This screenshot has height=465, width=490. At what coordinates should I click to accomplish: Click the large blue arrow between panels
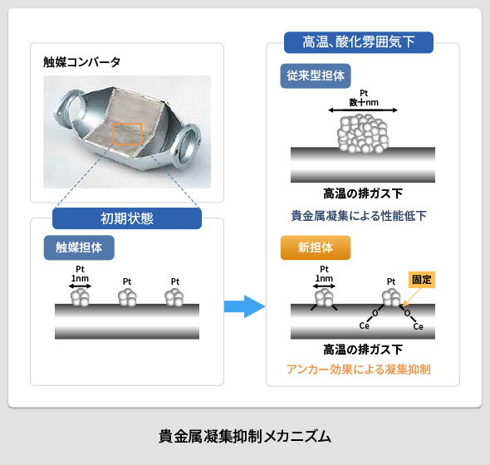pos(243,306)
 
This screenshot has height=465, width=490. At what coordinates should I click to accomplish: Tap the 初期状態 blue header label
pos(126,218)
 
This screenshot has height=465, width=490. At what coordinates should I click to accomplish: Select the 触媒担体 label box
pos(79,247)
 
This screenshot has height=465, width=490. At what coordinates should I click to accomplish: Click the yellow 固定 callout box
pos(424,280)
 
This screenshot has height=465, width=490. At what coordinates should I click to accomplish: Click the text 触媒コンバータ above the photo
pos(82,61)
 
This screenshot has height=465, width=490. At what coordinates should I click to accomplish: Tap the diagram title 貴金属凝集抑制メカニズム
pos(244,435)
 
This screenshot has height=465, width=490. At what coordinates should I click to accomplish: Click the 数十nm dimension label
pos(363,102)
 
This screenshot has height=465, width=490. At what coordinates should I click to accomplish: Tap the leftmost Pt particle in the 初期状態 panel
pos(80,296)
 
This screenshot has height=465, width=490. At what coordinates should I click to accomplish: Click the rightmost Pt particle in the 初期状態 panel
pos(174,297)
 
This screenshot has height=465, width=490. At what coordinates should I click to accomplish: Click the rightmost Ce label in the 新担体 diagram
pos(419,327)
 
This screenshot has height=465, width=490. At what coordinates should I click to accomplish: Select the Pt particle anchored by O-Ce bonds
pos(390,298)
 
